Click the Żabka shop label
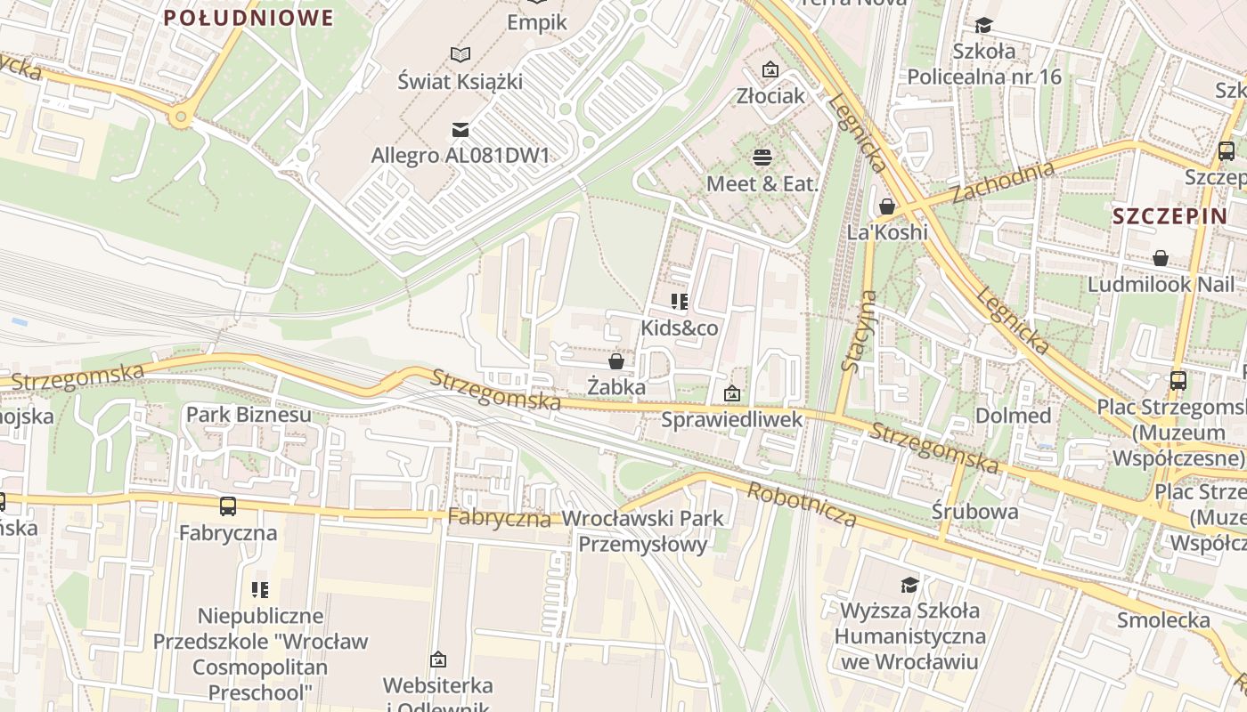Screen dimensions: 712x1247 (x=616, y=387)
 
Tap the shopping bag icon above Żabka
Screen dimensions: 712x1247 (x=615, y=361)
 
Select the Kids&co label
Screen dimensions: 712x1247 (x=680, y=328)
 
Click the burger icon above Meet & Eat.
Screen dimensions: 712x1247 (x=762, y=158)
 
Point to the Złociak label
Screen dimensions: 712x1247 (x=770, y=95)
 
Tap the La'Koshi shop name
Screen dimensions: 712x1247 (x=887, y=232)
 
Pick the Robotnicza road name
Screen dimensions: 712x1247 (x=802, y=505)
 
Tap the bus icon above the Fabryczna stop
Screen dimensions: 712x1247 (x=228, y=506)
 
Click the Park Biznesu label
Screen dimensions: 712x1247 (x=249, y=414)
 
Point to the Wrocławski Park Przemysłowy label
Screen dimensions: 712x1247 (x=643, y=530)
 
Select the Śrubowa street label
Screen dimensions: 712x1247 (x=974, y=511)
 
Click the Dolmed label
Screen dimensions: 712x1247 (x=1013, y=416)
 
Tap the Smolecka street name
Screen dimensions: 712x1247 (x=1163, y=620)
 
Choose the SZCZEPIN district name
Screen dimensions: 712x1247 (x=1157, y=216)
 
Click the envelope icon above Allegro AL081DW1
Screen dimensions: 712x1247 (x=460, y=130)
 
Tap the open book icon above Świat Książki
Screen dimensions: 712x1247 (x=460, y=55)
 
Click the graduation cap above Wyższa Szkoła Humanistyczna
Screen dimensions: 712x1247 (x=909, y=585)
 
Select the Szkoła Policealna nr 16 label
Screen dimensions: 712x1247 (x=984, y=63)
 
